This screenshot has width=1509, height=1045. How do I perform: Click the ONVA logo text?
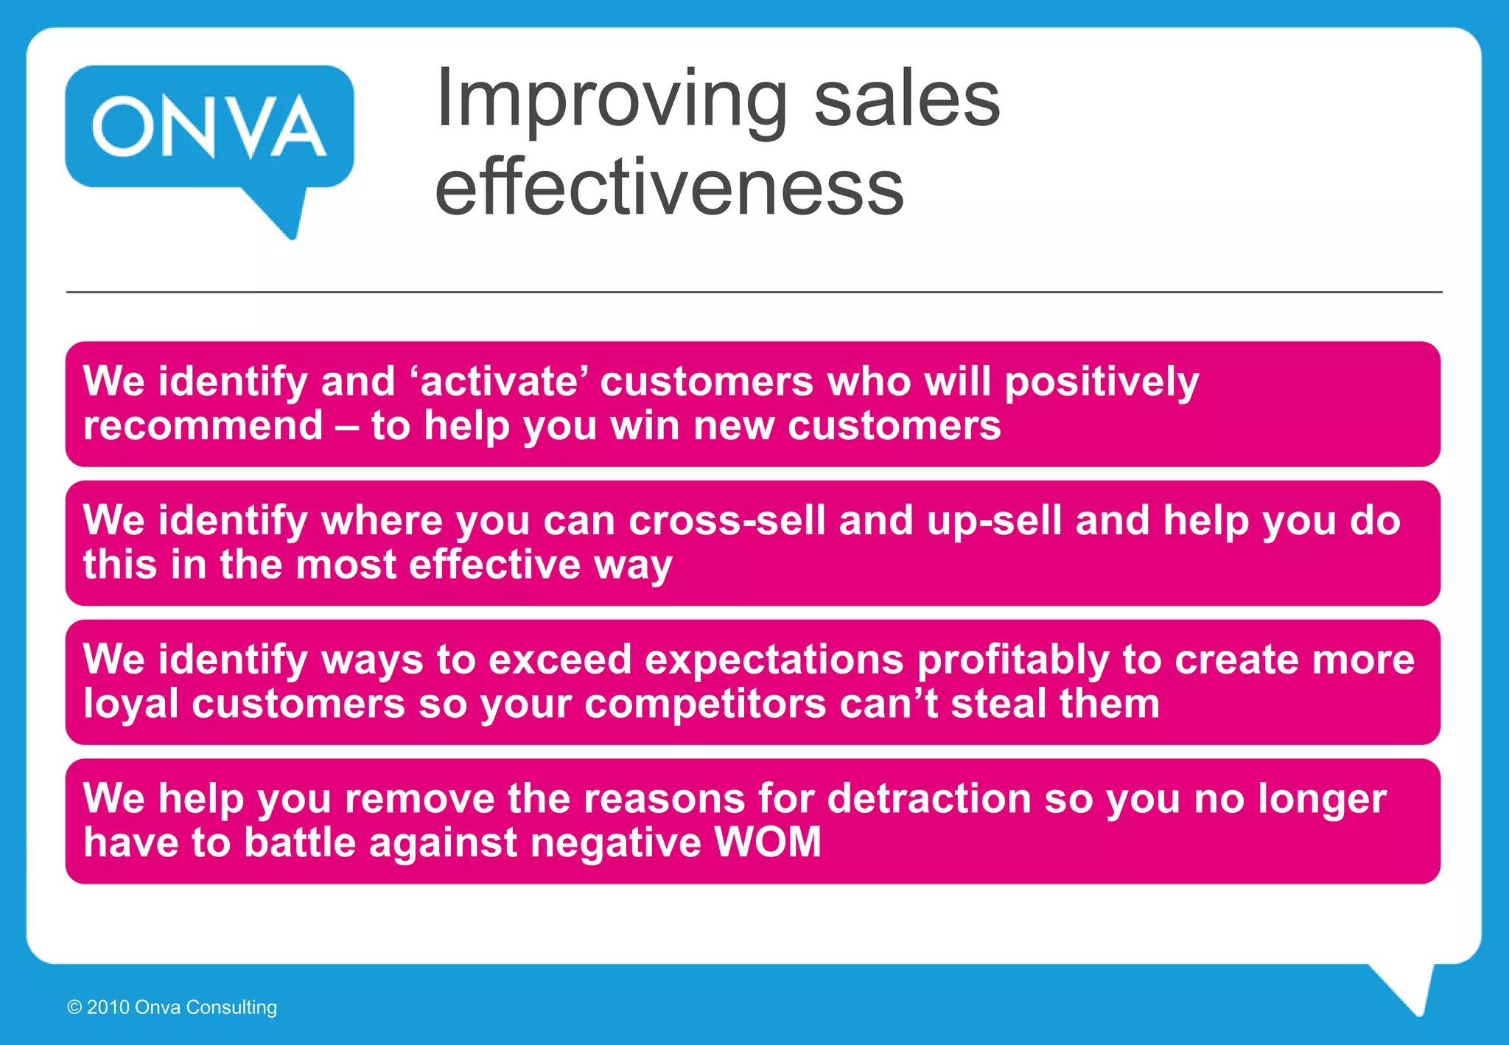point(209,127)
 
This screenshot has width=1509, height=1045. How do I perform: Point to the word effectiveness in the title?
point(669,188)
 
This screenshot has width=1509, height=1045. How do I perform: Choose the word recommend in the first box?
point(203,426)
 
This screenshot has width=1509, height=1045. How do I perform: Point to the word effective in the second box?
point(495,565)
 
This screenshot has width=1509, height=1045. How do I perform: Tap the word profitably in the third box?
point(1013,660)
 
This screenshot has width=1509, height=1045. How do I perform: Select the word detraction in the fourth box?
point(929,798)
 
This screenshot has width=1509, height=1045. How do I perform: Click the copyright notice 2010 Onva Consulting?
point(172,1007)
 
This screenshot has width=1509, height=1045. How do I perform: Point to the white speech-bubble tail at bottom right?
point(1411,988)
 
